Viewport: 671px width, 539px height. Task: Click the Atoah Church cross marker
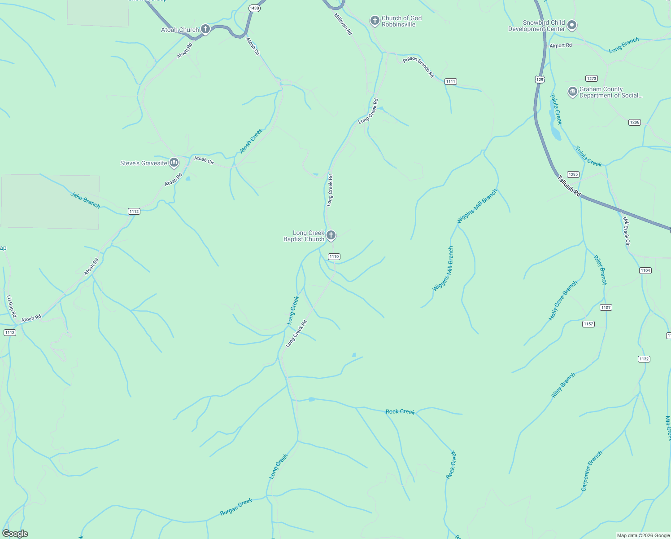(205, 29)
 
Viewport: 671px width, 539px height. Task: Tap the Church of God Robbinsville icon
(375, 21)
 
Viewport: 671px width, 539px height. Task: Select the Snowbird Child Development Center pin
(571, 25)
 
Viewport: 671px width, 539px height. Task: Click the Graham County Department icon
(572, 92)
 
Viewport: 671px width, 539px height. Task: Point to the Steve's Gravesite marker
(174, 163)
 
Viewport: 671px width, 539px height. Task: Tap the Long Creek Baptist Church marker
(331, 235)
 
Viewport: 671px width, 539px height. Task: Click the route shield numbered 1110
(334, 256)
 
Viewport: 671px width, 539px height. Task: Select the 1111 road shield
(451, 81)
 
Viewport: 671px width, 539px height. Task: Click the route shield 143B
(254, 8)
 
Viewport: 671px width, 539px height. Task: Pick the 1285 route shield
(573, 174)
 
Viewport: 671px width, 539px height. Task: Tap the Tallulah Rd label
(569, 186)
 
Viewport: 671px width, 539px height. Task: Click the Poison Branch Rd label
(418, 67)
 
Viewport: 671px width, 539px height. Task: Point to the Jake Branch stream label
(85, 200)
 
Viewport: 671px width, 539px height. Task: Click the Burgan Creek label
(236, 507)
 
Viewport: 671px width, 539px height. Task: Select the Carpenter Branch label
(591, 471)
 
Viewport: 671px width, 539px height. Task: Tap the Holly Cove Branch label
(563, 301)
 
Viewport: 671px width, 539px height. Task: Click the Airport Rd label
(561, 45)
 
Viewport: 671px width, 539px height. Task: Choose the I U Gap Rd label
(11, 306)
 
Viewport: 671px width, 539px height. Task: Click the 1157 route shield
(588, 324)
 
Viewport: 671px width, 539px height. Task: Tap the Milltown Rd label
(343, 24)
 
